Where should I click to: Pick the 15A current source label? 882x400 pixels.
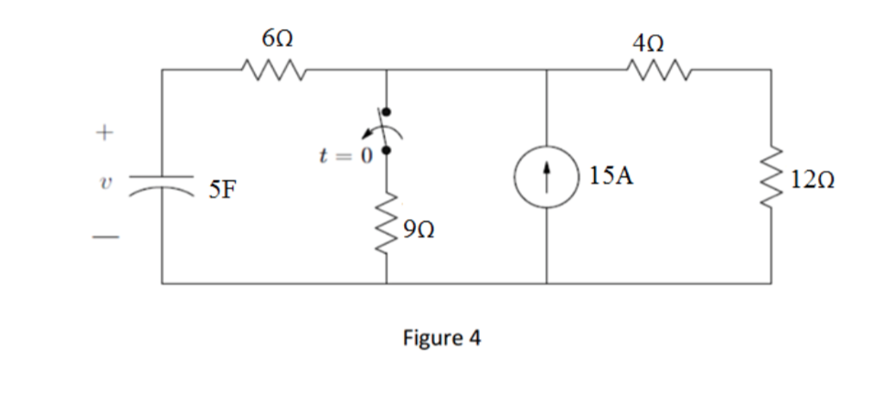(612, 177)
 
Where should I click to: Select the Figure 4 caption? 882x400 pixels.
(442, 337)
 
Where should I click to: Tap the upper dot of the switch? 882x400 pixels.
(386, 112)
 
